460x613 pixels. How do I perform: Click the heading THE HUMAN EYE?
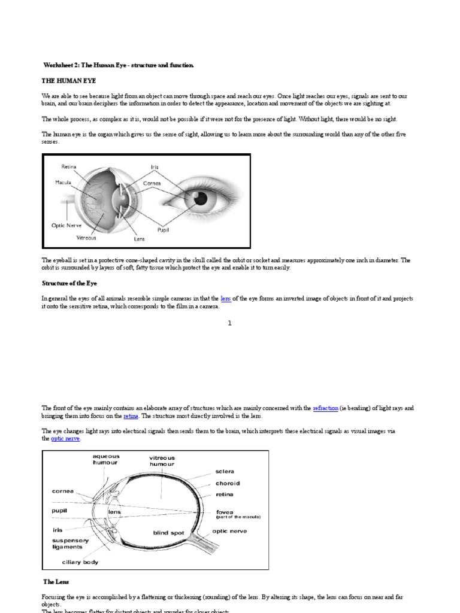tap(68, 80)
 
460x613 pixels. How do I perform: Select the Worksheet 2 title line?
tap(119, 65)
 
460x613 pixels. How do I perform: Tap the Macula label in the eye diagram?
tap(63, 182)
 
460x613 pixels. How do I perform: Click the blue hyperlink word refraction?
tap(325, 408)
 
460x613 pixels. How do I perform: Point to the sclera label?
tap(225, 471)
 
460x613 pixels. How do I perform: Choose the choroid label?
tap(228, 483)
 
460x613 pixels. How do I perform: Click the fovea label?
tap(225, 512)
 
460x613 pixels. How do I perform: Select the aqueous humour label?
tap(105, 459)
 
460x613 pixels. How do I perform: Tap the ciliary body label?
tap(80, 562)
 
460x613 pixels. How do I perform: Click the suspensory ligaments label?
tap(71, 544)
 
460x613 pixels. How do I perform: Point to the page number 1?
tap(229, 323)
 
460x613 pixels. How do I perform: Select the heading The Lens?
tap(57, 581)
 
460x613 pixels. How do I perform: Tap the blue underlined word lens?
tap(225, 298)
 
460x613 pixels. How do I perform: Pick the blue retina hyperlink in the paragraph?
tap(131, 415)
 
